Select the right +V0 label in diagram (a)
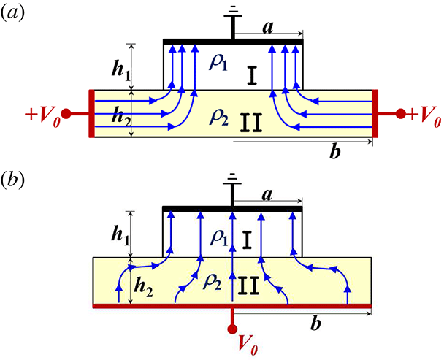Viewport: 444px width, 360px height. tap(423, 115)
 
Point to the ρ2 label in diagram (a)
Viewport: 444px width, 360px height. tap(218, 115)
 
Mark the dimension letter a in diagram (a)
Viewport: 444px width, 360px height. tap(269, 26)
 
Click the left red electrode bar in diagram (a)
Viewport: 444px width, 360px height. tap(91, 114)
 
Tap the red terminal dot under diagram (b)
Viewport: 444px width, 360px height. tap(233, 326)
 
